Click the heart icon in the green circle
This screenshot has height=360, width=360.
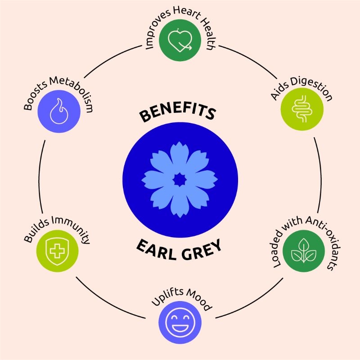point(180,40)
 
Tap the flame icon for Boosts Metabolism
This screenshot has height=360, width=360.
point(59,111)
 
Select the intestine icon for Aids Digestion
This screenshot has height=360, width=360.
point(302,109)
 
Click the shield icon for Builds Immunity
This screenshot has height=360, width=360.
point(57,251)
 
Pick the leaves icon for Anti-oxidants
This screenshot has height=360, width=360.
point(303,251)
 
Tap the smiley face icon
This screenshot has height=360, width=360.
point(180,322)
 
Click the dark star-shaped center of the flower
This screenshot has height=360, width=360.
point(180,180)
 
